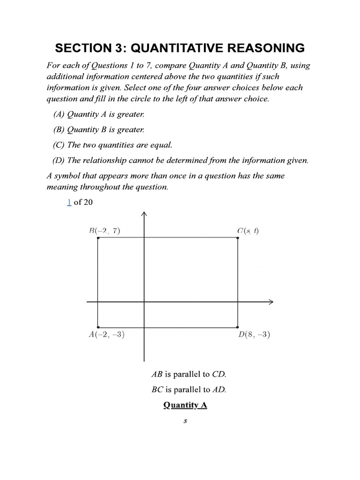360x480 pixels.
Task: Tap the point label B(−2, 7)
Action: [105, 231]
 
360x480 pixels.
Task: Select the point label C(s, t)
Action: [248, 231]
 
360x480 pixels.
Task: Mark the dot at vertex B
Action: [98, 238]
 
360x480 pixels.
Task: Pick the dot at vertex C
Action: [238, 238]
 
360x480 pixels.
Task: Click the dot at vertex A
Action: [98, 327]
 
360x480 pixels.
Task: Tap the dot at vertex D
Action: [238, 327]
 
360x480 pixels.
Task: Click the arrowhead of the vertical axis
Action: [144, 214]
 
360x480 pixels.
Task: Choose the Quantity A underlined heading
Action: [185, 405]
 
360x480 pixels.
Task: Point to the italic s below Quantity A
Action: [185, 421]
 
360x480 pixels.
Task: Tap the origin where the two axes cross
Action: [144, 302]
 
